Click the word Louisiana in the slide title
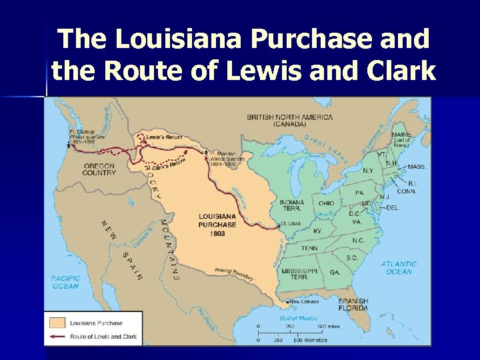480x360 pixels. tap(179, 40)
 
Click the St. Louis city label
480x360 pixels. tap(291, 223)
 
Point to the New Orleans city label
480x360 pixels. tap(304, 301)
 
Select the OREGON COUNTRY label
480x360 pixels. tap(99, 169)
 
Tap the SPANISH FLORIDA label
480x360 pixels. tap(353, 304)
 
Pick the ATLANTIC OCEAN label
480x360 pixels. tap(399, 267)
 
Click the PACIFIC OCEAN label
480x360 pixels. tap(66, 282)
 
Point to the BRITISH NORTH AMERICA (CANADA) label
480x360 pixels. tap(289, 121)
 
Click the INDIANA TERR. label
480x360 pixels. tap(292, 206)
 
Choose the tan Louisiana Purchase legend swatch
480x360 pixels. tap(57, 323)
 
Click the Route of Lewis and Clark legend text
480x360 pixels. tap(103, 337)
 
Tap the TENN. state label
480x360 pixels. tap(309, 247)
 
